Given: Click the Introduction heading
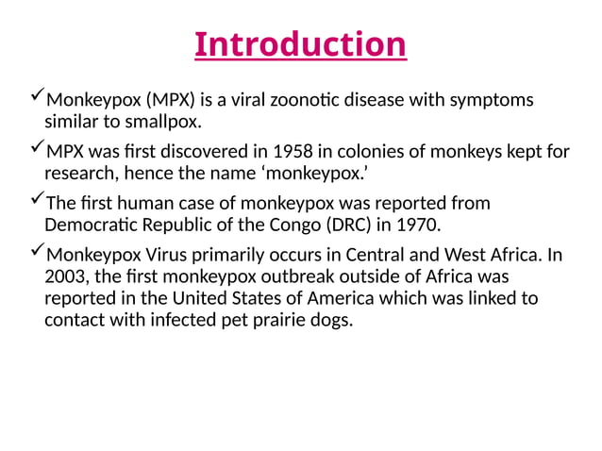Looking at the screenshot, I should (300, 44).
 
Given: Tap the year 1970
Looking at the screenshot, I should (417, 226).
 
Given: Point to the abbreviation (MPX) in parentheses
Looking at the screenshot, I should (167, 99).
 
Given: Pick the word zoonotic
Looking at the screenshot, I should (304, 99).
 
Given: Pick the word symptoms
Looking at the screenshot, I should (495, 101).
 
